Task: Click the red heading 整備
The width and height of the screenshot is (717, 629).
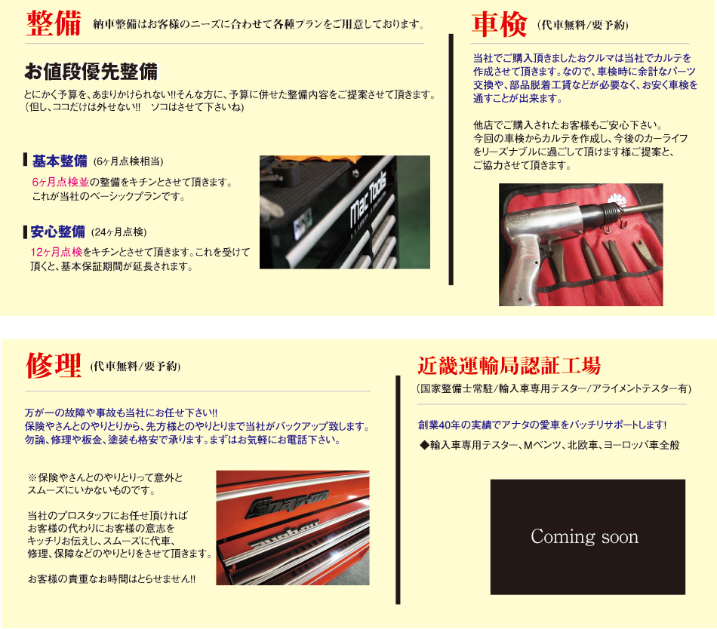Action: tap(54, 23)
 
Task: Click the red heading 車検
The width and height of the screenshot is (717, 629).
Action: tap(499, 24)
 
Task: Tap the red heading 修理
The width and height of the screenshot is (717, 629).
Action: tap(54, 366)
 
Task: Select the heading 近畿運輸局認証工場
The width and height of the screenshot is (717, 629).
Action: tap(509, 366)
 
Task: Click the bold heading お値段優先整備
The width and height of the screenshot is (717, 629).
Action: tap(91, 72)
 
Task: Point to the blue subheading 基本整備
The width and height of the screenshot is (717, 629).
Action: tap(60, 161)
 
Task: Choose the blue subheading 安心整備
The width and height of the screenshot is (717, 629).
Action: tap(57, 232)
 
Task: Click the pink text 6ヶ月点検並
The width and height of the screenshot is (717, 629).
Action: tap(60, 183)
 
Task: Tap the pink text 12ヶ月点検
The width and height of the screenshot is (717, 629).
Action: tap(57, 252)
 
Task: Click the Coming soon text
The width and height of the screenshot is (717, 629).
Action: tap(584, 537)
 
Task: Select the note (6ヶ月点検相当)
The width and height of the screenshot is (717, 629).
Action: tap(128, 161)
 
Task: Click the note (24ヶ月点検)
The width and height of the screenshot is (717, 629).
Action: tap(119, 232)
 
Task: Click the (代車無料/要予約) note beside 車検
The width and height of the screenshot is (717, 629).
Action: tap(583, 25)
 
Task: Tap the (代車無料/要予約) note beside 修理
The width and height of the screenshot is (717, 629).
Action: tap(135, 367)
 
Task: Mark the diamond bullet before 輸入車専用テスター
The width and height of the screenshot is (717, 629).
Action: tap(424, 445)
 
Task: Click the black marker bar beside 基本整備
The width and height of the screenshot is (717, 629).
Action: tap(26, 160)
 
